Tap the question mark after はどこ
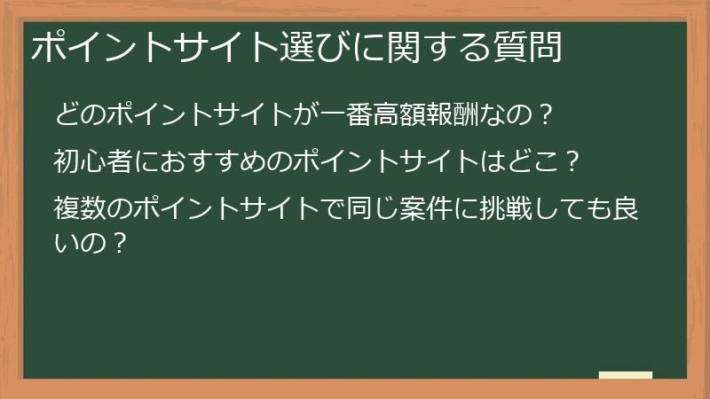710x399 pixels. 573,163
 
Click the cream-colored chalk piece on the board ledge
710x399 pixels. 626,375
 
